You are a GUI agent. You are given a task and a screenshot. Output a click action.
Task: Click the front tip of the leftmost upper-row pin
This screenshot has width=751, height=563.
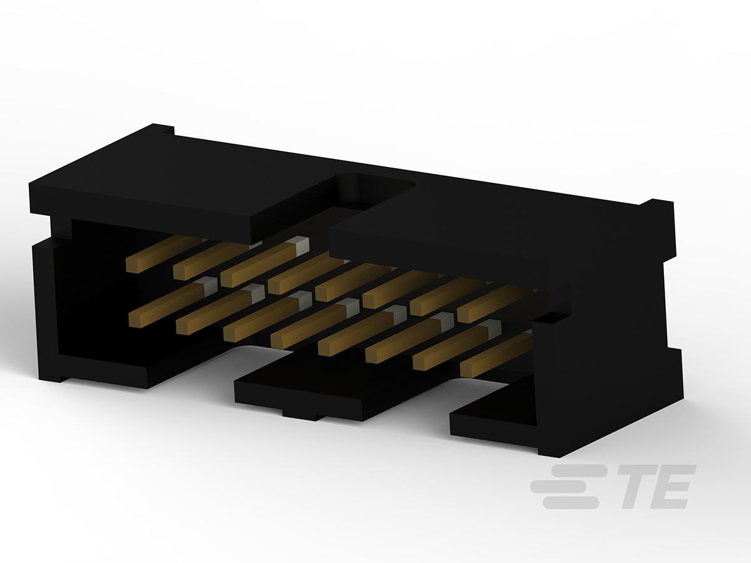(131, 265)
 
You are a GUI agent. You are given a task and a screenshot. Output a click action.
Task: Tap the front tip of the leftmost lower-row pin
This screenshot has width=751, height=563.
(135, 320)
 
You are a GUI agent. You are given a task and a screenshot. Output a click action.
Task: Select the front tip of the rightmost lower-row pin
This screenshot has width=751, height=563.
(466, 370)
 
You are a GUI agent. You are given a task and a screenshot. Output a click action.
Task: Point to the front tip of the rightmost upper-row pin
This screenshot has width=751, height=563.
(463, 315)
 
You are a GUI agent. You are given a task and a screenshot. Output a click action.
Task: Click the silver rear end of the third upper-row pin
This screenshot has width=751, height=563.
(299, 243)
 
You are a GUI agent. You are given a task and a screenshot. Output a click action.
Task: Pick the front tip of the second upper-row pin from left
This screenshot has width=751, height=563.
(179, 273)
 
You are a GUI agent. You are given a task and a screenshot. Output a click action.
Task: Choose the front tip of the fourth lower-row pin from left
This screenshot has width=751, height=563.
(277, 342)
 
